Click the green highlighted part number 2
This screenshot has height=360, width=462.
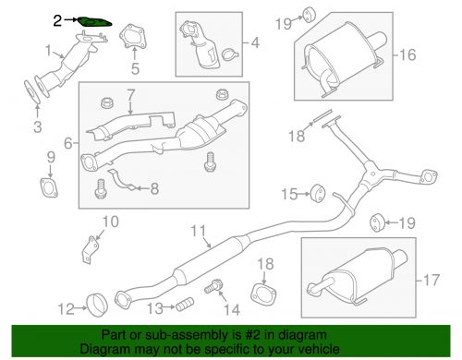pyautogui.click(x=93, y=20)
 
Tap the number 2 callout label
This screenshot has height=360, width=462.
pyautogui.click(x=57, y=18)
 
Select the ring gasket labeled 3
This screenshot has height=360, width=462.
pyautogui.click(x=32, y=93)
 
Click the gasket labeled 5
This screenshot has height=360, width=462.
pyautogui.click(x=134, y=42)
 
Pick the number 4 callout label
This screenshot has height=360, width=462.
pyautogui.click(x=254, y=42)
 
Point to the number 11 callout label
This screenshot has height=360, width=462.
pyautogui.click(x=196, y=231)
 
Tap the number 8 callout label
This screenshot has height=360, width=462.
pyautogui.click(x=154, y=188)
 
